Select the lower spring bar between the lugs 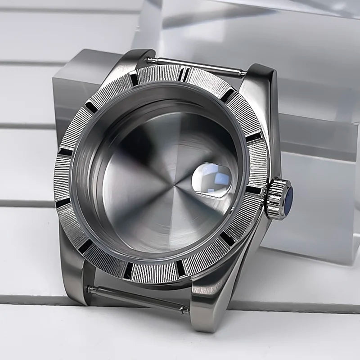click(x=135, y=297)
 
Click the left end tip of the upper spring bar click(x=149, y=60)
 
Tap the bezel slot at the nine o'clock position click(x=64, y=152)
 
